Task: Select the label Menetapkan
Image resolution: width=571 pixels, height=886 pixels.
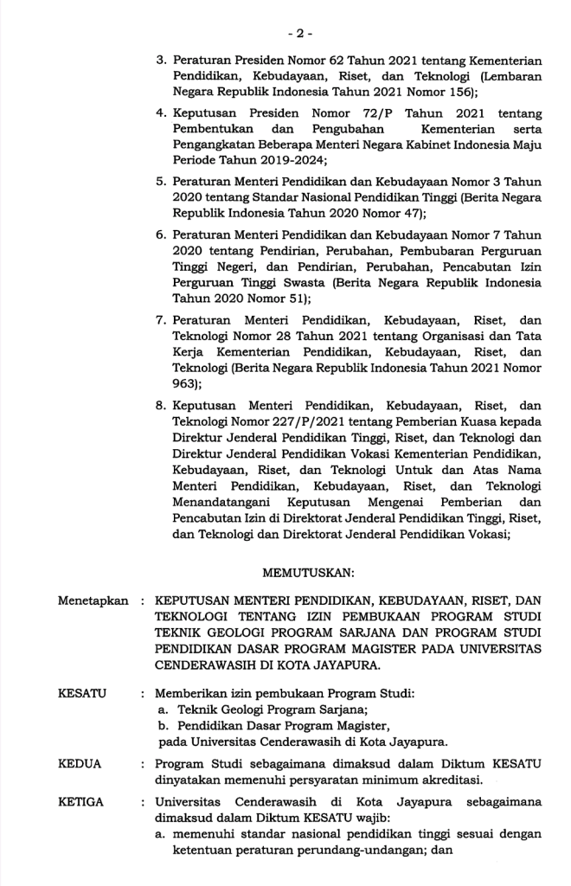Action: [x=93, y=600]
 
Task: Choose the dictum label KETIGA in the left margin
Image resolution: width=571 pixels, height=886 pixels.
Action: [x=80, y=802]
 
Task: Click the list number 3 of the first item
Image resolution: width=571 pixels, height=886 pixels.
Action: [x=160, y=61]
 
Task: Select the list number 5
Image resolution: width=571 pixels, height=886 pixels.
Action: [x=160, y=183]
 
